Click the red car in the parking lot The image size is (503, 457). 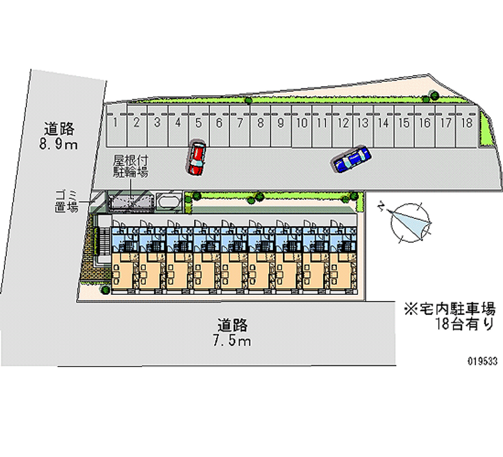[196, 158]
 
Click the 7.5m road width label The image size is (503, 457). [232, 341]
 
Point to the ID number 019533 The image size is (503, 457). [482, 361]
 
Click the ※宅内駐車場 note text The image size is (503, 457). [450, 309]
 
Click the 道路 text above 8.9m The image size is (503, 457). [60, 129]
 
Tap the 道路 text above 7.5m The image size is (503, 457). [233, 326]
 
